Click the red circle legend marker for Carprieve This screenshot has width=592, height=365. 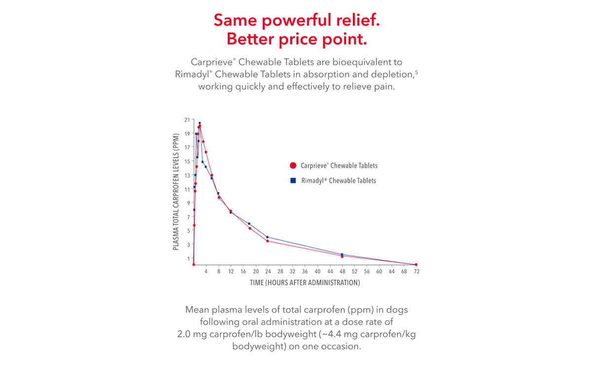293,166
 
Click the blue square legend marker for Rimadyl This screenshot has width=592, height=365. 293,181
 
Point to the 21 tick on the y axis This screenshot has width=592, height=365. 187,120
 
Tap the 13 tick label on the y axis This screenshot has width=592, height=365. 187,175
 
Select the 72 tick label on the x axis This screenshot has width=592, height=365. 416,272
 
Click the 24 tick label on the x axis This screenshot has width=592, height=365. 268,272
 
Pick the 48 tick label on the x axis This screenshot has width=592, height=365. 342,272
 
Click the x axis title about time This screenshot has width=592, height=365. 304,283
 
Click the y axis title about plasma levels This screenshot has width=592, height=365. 176,192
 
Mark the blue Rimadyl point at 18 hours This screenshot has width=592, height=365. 249,223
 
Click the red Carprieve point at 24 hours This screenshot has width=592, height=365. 267,241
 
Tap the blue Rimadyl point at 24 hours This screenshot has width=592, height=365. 267,237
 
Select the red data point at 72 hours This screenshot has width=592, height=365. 416,265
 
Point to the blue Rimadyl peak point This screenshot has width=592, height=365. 200,123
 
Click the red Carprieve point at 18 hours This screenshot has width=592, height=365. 250,228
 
